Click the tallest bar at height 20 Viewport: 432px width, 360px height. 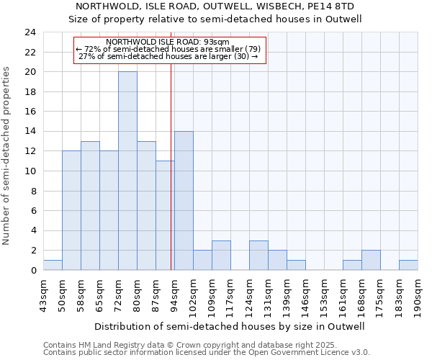tap(127, 171)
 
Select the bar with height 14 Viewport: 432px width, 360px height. tap(184, 200)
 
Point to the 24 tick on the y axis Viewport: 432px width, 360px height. tap(30, 32)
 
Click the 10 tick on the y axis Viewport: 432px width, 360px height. tap(30, 171)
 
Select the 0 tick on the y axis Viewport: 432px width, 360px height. tap(33, 271)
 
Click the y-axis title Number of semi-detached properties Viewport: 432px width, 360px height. tap(7, 155)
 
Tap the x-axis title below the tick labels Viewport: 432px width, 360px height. tap(230, 326)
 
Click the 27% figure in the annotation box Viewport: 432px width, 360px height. tap(86, 56)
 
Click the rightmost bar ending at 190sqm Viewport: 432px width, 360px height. tap(408, 265)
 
